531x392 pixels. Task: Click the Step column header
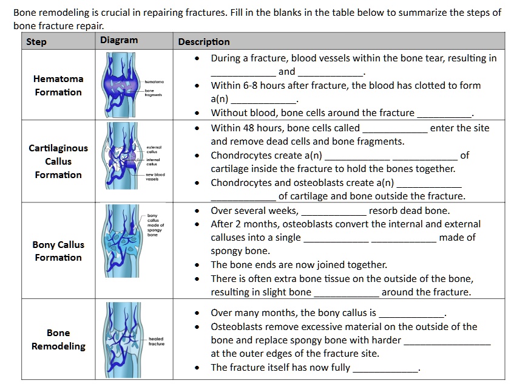[x=36, y=42]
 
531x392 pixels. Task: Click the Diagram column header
[x=119, y=40]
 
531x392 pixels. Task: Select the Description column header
[x=204, y=42]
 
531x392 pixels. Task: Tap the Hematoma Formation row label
[x=58, y=86]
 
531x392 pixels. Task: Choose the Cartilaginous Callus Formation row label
[x=58, y=162]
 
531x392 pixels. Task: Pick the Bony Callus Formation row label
[x=58, y=251]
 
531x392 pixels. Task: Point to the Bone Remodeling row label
[x=58, y=340]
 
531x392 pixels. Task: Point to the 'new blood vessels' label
[x=155, y=177]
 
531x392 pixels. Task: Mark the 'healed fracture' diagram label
[x=157, y=341]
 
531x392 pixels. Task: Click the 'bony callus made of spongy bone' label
[x=156, y=225]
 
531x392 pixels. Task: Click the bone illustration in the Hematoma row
[x=122, y=84]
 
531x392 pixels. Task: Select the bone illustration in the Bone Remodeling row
[x=122, y=340]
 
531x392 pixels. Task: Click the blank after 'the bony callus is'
[x=411, y=314]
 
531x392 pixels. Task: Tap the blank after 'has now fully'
[x=385, y=368]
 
